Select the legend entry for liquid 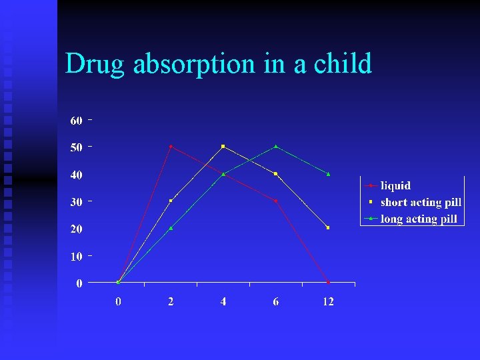coord(395,186)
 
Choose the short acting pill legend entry coord(420,202)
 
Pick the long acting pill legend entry coord(419,219)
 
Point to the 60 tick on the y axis coord(76,121)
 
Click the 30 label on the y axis coord(76,201)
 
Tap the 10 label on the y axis coord(76,256)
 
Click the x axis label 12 coord(328,301)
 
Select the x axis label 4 coord(223,301)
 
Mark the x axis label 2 coord(171,301)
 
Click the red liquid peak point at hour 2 coord(171,146)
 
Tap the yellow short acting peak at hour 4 coord(223,146)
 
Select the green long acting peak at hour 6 coord(276,146)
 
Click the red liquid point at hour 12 coord(328,282)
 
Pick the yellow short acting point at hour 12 coord(328,227)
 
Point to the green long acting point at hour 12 coord(328,173)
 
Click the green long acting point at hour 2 coord(171,228)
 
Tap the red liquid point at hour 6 coord(276,201)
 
